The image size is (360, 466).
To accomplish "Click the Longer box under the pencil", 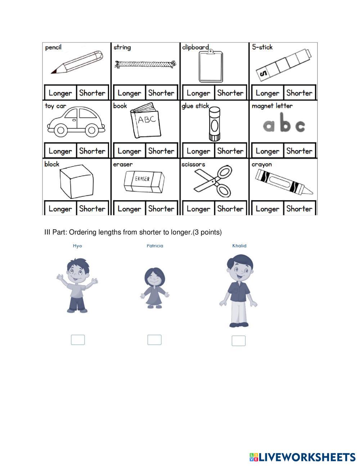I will click(x=60, y=93).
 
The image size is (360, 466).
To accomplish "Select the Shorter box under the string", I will click(x=161, y=93).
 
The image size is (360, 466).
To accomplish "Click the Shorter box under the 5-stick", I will click(x=299, y=93).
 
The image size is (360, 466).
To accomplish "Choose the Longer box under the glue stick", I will click(x=198, y=151).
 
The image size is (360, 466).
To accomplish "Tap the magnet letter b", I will click(x=284, y=123).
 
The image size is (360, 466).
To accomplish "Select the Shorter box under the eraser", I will click(x=161, y=209).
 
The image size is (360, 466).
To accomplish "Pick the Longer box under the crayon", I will click(x=267, y=209).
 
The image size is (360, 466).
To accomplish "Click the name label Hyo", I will click(x=77, y=246).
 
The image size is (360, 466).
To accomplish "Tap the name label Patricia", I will click(x=155, y=246).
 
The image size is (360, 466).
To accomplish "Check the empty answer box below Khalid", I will click(x=238, y=341).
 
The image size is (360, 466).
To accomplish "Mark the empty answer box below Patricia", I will click(x=154, y=340).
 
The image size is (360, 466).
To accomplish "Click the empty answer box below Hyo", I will click(x=78, y=340).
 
